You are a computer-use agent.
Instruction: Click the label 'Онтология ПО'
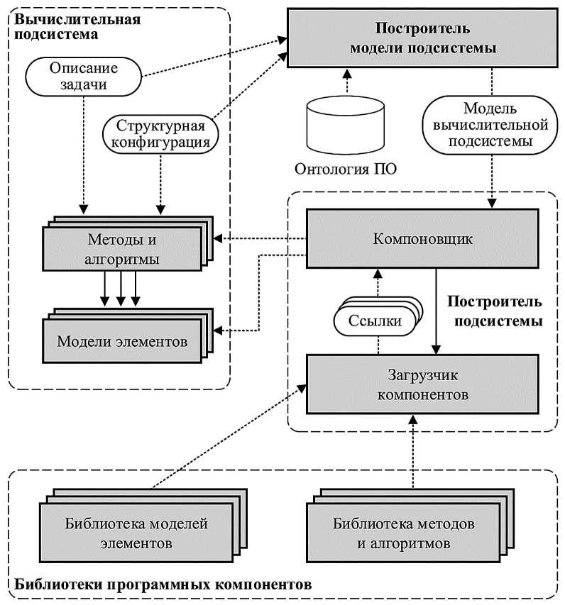[x=345, y=169]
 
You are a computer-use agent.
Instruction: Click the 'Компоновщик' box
[x=422, y=238]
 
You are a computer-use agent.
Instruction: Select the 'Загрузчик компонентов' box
[x=422, y=384]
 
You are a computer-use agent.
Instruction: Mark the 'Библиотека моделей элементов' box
[x=136, y=534]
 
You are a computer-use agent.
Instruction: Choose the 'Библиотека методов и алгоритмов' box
[x=403, y=534]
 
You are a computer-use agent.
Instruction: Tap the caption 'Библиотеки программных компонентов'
[x=162, y=586]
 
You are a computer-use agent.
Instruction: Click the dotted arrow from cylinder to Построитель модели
[x=346, y=81]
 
